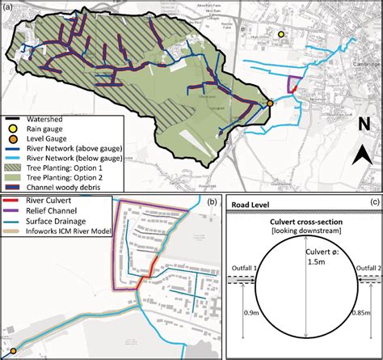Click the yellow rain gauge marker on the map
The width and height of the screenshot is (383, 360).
[281, 35]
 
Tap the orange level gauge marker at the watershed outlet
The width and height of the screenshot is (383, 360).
[270, 104]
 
